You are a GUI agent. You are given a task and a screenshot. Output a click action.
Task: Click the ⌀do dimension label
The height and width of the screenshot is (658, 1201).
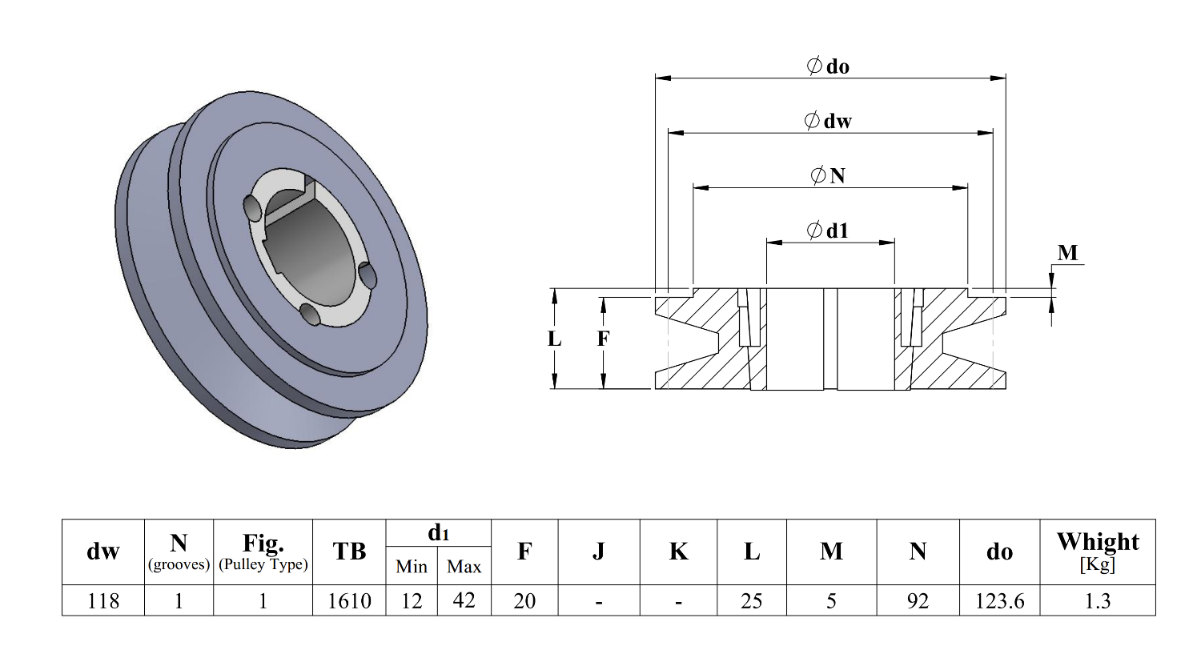pos(828,66)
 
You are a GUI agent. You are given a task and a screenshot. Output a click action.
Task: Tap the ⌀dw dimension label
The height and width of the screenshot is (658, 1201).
pos(828,121)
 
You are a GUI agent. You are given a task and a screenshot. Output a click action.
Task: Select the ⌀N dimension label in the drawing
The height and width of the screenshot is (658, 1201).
pos(828,175)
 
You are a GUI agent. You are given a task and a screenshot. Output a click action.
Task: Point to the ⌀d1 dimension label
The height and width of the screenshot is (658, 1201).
pos(828,231)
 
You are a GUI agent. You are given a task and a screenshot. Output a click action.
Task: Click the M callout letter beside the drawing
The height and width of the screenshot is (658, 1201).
pos(1067,253)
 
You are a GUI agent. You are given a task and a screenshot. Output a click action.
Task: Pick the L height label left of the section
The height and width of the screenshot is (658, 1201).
pos(554,339)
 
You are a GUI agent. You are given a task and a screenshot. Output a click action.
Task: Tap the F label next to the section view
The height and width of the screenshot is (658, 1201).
pos(603,339)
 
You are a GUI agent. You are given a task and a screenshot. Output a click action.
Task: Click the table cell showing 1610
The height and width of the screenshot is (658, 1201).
pos(349,601)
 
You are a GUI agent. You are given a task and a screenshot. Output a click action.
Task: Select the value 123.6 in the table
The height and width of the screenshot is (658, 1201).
pos(999,601)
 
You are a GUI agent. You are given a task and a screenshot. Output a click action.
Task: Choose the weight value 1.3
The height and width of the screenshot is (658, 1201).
pos(1097,601)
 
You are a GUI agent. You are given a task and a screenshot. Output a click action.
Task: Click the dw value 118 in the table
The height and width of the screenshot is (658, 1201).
pos(103,601)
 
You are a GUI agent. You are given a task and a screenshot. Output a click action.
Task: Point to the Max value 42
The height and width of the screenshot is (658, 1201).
pos(464,600)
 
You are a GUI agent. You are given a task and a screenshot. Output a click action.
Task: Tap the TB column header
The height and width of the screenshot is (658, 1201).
pos(349,552)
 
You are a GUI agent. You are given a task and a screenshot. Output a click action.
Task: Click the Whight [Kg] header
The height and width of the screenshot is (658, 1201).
pos(1097,551)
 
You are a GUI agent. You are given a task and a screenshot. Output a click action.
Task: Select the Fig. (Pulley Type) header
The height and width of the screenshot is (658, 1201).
pos(263,552)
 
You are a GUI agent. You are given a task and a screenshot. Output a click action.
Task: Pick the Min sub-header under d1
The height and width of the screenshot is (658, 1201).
pos(412,567)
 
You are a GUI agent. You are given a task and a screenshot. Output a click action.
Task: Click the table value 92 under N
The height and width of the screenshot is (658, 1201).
pos(918,601)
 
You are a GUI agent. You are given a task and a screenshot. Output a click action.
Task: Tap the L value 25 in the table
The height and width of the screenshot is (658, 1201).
pos(751,601)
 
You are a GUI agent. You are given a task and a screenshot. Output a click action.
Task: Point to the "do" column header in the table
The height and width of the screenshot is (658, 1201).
pos(999,552)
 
